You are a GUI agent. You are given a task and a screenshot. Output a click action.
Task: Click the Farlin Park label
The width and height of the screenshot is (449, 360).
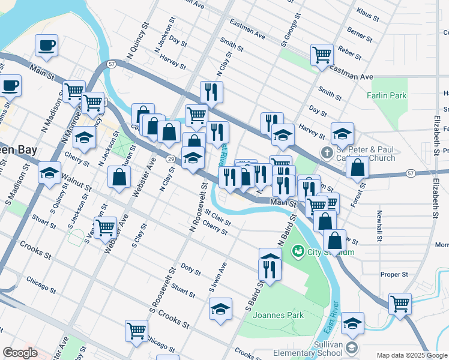coord(387,95)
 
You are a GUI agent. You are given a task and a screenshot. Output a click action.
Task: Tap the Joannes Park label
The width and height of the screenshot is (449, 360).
coord(278,315)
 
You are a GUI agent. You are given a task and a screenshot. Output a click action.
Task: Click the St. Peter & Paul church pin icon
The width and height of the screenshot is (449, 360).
coord(327,154)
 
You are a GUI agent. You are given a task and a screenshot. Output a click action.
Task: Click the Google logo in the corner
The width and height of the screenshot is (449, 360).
coord(20,353)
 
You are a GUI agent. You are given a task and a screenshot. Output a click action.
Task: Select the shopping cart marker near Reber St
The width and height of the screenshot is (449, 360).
coord(322,55)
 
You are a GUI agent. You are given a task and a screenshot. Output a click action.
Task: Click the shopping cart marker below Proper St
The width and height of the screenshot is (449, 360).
coord(400,303)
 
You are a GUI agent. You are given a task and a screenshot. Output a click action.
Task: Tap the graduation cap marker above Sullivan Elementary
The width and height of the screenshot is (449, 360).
coord(352,323)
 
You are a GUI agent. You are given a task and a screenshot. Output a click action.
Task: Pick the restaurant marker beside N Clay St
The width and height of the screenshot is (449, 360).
coord(211,91)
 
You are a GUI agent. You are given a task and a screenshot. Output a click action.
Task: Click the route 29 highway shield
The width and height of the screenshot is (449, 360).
coord(171,158)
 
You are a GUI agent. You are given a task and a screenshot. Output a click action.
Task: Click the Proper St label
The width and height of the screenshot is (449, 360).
coord(394,274)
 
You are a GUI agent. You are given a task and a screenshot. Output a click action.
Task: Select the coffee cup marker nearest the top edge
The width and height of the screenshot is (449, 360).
coord(46,45)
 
